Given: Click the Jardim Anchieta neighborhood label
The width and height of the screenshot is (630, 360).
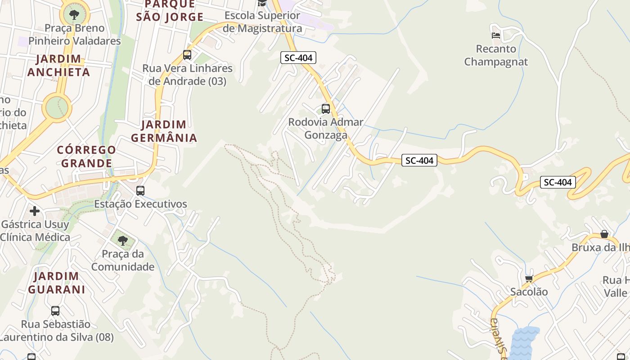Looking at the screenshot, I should (58, 65).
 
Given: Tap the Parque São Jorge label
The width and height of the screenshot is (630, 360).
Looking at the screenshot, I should (170, 11).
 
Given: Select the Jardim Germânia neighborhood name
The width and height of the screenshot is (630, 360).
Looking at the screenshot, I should (164, 131).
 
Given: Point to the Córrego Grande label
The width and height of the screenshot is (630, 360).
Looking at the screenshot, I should (86, 156).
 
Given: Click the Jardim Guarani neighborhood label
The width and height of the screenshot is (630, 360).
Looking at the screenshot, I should (57, 283).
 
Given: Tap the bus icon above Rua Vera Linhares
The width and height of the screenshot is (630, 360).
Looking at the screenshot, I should (187, 55).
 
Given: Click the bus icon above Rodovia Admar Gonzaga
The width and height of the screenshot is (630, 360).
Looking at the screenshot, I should (325, 108).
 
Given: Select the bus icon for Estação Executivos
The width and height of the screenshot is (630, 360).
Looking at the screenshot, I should (140, 190).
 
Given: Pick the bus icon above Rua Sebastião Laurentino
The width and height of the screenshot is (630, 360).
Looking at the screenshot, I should (55, 310).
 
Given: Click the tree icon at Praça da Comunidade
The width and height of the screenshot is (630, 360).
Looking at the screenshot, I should (122, 240).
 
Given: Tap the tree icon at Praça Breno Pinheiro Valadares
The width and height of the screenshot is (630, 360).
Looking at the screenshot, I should (74, 14).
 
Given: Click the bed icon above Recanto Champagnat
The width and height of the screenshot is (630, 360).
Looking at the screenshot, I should (496, 35).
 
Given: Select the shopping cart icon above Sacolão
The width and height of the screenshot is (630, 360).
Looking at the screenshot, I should (529, 279).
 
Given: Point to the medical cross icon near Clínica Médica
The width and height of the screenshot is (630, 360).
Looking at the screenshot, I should (35, 211).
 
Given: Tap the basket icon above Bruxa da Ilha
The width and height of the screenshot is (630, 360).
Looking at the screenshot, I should (604, 234).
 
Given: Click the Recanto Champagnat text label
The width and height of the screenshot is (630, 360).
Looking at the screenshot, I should (495, 55).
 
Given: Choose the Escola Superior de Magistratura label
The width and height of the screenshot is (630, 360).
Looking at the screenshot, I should (262, 22).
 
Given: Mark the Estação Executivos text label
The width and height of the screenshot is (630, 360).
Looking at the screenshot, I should (140, 204).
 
